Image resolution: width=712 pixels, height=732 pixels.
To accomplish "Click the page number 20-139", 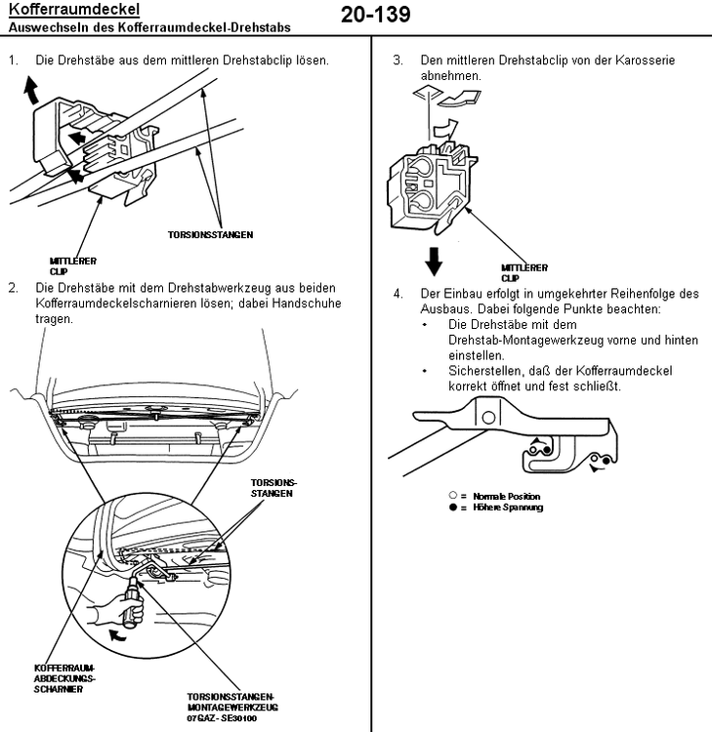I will [x=376, y=15].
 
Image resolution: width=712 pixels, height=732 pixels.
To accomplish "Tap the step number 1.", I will [x=13, y=61].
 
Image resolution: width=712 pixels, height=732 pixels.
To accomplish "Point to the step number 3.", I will [x=398, y=61].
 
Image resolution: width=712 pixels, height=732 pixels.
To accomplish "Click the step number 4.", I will [x=398, y=293].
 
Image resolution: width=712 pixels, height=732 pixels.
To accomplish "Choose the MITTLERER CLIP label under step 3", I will [x=524, y=272].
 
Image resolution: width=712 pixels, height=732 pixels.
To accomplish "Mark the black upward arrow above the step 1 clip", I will [x=30, y=92].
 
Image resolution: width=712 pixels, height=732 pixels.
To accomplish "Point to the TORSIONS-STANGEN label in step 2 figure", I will [x=274, y=488].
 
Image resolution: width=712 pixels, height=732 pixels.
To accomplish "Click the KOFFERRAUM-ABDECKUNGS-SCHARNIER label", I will [x=65, y=676].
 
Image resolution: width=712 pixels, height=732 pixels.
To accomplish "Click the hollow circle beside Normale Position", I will [x=453, y=497].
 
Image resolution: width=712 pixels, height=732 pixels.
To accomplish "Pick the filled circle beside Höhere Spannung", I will [x=453, y=508].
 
